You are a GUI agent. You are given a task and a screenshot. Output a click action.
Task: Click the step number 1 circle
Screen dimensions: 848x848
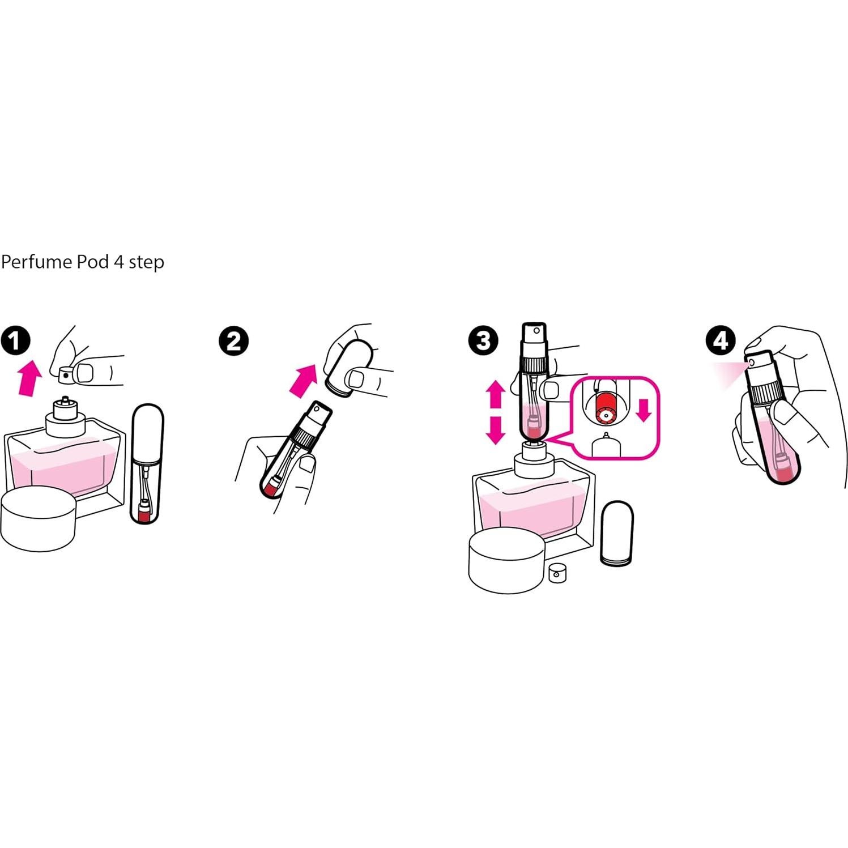[15, 340]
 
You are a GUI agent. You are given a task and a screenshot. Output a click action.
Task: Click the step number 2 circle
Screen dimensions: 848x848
[233, 341]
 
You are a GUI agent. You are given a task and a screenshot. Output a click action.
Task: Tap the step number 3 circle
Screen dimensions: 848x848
[483, 341]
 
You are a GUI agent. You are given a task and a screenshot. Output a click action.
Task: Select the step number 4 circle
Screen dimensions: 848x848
[720, 340]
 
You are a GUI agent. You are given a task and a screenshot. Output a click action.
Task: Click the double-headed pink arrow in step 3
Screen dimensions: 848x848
[496, 412]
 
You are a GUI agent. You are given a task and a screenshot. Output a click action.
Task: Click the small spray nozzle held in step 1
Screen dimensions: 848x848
[66, 374]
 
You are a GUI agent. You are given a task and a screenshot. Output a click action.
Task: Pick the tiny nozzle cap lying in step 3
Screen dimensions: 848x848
[557, 573]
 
